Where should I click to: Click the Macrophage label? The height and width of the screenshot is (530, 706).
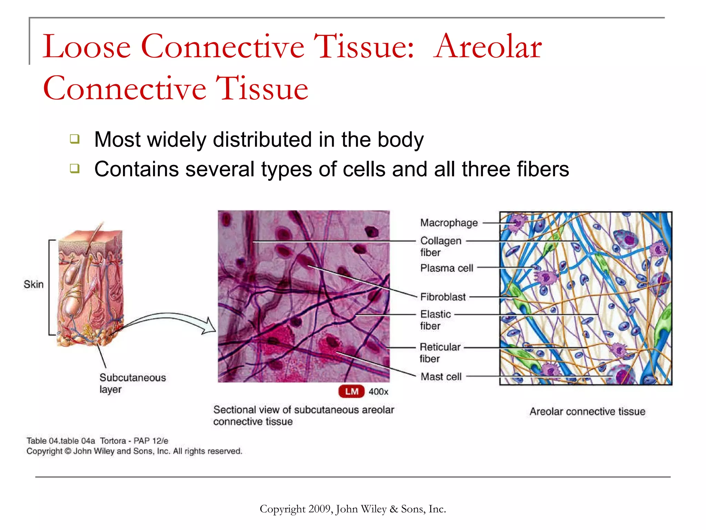pos(449,223)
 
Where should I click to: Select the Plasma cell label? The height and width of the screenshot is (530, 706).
pos(446,268)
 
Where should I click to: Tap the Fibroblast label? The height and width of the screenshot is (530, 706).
pos(443,297)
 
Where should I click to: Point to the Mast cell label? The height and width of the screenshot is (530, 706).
pos(441,376)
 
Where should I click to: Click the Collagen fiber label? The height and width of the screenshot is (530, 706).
pos(440,246)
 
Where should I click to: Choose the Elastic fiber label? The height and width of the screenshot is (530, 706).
pos(435,320)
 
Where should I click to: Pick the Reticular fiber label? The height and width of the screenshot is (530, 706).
pos(440,353)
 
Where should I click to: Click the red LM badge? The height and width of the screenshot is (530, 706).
pos(351,391)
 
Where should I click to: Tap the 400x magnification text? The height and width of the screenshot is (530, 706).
pos(378,392)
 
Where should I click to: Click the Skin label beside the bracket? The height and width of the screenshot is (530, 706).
pos(33,284)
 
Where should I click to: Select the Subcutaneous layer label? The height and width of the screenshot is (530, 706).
pos(132,383)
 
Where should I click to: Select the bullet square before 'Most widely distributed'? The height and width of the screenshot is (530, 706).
pos(74,139)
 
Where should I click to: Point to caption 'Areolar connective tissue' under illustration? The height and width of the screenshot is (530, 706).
pos(587,411)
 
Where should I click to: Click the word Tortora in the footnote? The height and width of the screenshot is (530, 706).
pos(113,441)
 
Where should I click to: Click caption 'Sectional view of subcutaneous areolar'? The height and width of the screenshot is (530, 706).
pos(303,410)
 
